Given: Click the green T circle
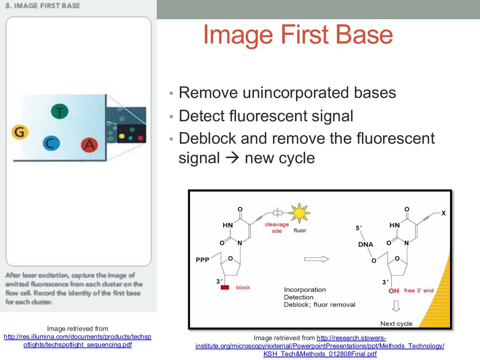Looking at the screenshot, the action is tap(60, 112).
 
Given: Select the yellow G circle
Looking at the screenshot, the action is tap(20, 132).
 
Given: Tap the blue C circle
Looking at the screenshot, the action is tap(51, 143).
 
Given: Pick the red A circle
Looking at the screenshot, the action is tap(89, 145).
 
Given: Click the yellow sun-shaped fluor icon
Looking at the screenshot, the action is tap(300, 212).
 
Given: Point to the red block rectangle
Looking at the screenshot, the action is tap(225, 287).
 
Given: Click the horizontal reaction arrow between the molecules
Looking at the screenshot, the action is tap(316, 259).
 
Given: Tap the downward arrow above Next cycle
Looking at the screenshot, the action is tap(396, 306).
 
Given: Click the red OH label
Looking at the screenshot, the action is tap(394, 291).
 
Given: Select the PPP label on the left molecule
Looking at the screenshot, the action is tap(202, 260).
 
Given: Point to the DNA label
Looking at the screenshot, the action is tap(366, 244).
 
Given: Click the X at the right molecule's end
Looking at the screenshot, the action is tap(444, 213).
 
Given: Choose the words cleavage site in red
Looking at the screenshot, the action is tap(277, 228).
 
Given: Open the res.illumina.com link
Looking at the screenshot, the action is tap(77, 340).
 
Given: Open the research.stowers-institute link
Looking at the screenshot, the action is tap(320, 346).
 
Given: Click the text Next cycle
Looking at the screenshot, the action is tap(396, 324).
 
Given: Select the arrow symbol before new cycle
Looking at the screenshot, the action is tap(232, 158).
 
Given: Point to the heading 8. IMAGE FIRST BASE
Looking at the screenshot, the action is tap(43, 6).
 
